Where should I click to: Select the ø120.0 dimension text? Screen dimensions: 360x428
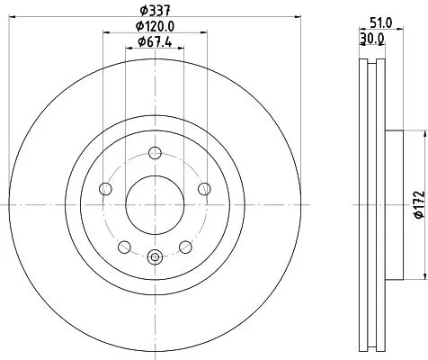[154, 27]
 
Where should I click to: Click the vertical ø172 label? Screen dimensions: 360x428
[418, 204]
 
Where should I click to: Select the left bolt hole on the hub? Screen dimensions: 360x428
[104, 188]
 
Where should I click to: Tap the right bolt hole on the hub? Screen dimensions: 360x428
[205, 188]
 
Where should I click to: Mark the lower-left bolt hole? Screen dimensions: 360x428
[123, 246]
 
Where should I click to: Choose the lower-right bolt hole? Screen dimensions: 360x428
[185, 246]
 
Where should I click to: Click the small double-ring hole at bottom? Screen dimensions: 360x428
[154, 257]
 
